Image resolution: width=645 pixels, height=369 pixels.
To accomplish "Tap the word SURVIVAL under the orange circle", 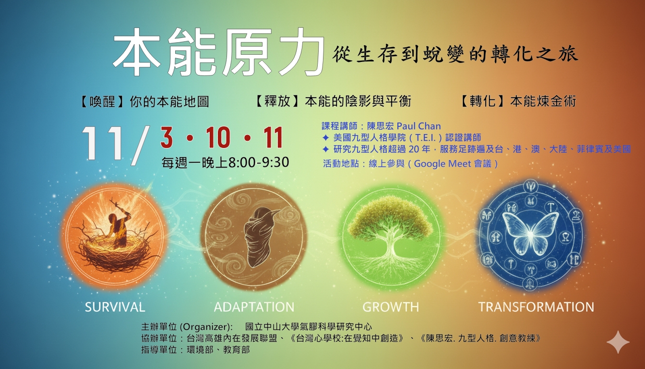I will point(115,307).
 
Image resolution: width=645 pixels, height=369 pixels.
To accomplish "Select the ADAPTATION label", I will point(254,307).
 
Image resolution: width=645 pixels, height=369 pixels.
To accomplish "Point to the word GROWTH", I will point(391,307).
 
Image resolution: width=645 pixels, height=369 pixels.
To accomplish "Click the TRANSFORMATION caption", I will point(536,307).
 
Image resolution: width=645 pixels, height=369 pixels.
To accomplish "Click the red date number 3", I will point(167,138).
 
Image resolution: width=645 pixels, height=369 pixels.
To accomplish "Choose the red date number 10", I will point(218,138).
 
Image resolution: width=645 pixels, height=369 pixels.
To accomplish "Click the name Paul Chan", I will point(418,126).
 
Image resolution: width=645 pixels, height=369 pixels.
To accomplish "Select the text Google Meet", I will point(443,163).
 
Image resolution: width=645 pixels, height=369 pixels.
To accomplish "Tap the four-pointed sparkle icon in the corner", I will point(618,342).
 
